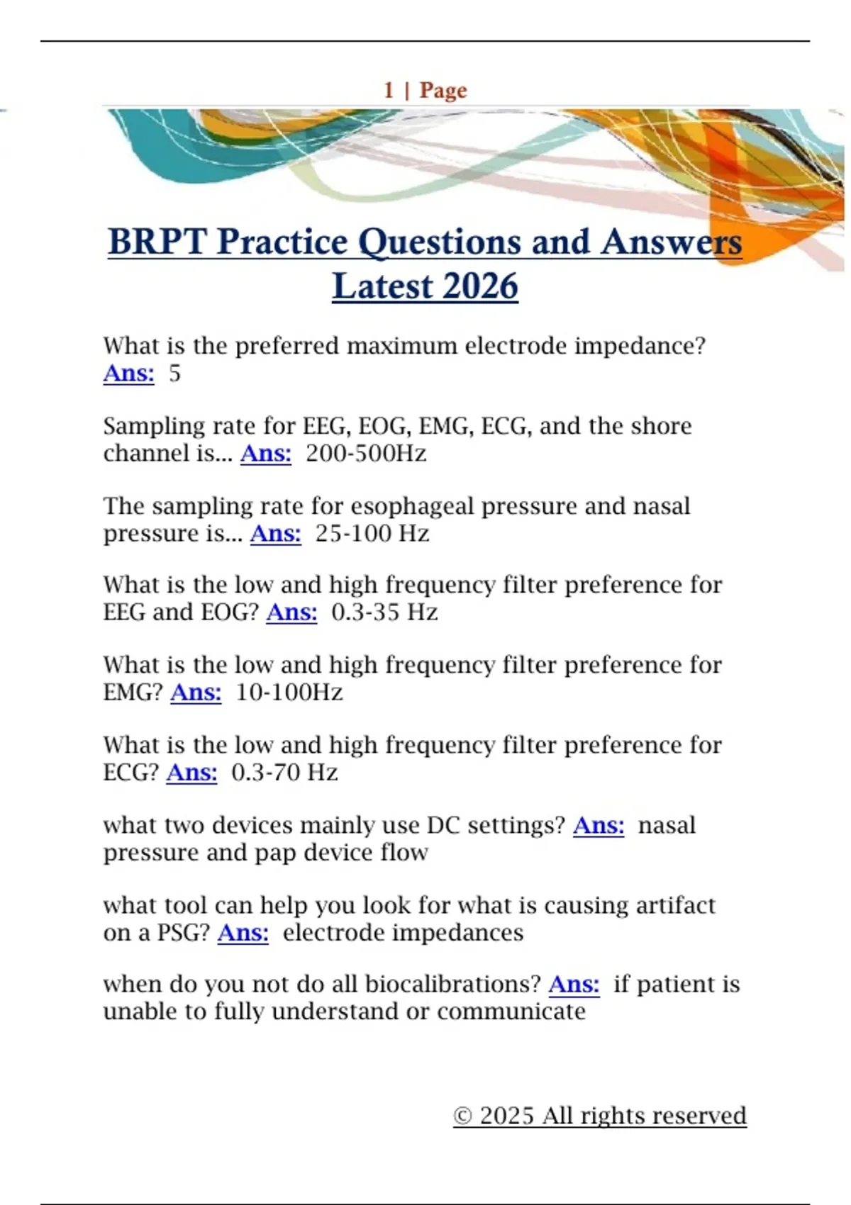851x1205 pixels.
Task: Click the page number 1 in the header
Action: point(388,90)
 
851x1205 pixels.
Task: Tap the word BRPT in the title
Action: point(157,242)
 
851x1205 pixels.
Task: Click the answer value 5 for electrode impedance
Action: point(175,374)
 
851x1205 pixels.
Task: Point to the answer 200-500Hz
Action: point(366,454)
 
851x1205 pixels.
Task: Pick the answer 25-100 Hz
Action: point(372,534)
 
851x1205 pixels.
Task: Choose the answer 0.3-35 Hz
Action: point(384,612)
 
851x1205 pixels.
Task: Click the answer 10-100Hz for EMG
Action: point(289,693)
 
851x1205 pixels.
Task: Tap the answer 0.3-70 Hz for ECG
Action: point(285,773)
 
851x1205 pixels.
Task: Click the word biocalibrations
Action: point(452,985)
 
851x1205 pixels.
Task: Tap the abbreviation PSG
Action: point(182,933)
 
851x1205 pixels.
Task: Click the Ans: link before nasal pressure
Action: point(599,825)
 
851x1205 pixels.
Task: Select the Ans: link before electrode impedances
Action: point(243,933)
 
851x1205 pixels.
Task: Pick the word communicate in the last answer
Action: point(511,1012)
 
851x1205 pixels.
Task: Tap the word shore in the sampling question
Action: point(661,426)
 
